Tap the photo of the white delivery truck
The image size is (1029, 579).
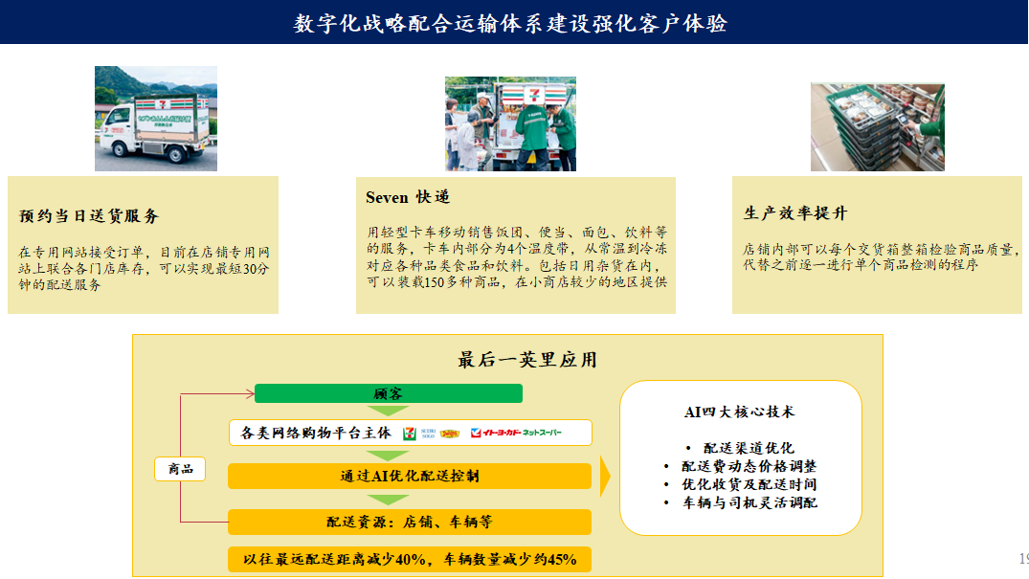tap(156, 119)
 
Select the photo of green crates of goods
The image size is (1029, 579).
tap(877, 126)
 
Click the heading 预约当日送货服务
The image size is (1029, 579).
tap(89, 216)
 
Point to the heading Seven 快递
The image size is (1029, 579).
tap(408, 198)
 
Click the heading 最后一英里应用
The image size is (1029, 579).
tap(526, 360)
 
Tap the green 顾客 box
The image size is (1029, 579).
tap(388, 393)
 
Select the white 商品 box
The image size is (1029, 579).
tap(180, 468)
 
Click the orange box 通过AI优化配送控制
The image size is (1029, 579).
tap(409, 476)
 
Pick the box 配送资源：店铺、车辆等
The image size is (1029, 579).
tap(409, 522)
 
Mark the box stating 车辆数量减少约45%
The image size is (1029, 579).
tap(409, 560)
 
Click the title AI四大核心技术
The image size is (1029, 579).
tap(739, 412)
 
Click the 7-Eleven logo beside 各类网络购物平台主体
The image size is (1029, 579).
tap(410, 433)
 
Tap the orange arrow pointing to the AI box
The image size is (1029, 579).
tap(604, 476)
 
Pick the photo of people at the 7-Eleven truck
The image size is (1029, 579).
tap(510, 123)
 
